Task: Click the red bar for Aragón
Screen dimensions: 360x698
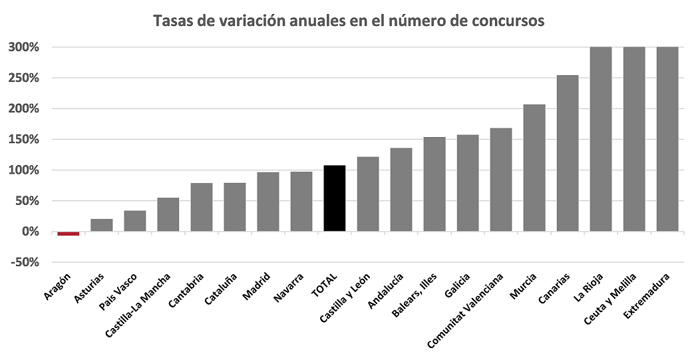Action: point(69,234)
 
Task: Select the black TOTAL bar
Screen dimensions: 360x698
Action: point(335,198)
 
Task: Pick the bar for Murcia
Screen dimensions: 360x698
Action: point(534,168)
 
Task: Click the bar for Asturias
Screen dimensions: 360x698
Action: point(102,225)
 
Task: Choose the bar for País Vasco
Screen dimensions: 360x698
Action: point(135,221)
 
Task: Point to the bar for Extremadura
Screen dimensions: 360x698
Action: point(667,139)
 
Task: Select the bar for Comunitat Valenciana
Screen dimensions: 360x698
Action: point(501,180)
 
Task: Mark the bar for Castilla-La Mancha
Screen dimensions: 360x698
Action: point(168,214)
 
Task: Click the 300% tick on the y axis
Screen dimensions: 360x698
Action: point(25,47)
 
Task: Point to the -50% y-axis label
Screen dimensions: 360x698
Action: point(25,262)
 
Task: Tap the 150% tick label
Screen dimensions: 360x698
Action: point(25,140)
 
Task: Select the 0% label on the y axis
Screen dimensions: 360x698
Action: point(31,232)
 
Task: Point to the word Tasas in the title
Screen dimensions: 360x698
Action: point(172,21)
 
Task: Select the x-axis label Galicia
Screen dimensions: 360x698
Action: point(458,285)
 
